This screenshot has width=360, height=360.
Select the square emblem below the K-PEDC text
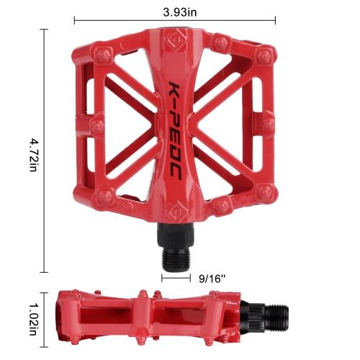[174, 211]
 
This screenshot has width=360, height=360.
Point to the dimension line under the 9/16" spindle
[175, 276]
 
